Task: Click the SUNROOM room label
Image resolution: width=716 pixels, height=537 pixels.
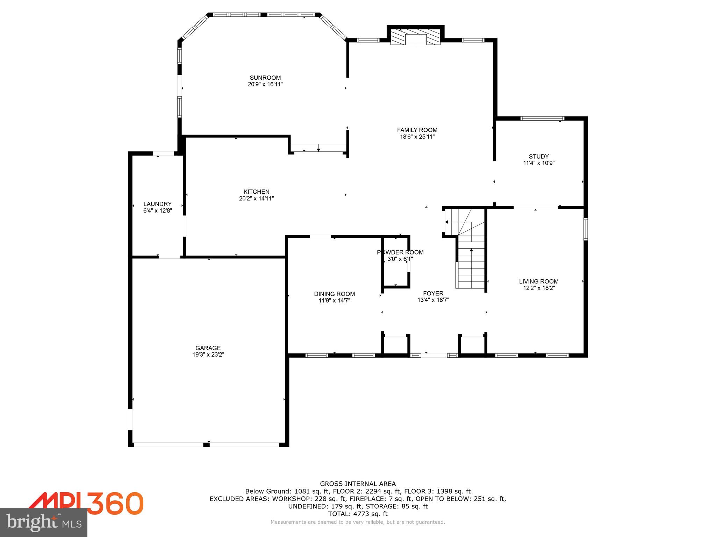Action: click(x=265, y=78)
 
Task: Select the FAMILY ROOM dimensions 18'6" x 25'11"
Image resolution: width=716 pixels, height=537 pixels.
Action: click(x=417, y=137)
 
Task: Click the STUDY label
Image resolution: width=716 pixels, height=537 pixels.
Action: click(x=538, y=156)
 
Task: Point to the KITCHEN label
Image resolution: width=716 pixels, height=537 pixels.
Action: click(x=256, y=192)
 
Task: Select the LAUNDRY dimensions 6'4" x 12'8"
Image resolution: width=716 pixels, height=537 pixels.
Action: click(x=157, y=210)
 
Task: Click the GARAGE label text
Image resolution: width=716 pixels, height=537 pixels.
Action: click(x=208, y=348)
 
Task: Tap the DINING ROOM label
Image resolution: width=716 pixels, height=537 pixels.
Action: click(x=334, y=294)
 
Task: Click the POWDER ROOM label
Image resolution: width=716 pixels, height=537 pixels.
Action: click(x=400, y=252)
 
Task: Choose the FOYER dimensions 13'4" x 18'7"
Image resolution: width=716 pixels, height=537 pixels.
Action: click(x=433, y=300)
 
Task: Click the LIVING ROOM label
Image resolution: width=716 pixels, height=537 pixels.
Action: click(x=538, y=281)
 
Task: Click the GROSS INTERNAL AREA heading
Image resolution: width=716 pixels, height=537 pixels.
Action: click(x=358, y=484)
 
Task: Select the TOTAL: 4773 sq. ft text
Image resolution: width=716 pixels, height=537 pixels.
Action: click(x=358, y=514)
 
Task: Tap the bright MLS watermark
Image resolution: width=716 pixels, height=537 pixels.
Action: click(x=44, y=523)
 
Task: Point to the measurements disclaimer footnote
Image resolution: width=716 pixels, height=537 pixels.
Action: click(x=358, y=522)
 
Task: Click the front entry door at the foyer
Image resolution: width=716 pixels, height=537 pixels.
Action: click(x=434, y=355)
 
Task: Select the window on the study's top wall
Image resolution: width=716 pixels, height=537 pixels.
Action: click(x=542, y=118)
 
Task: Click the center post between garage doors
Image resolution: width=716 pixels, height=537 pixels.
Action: click(x=206, y=444)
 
